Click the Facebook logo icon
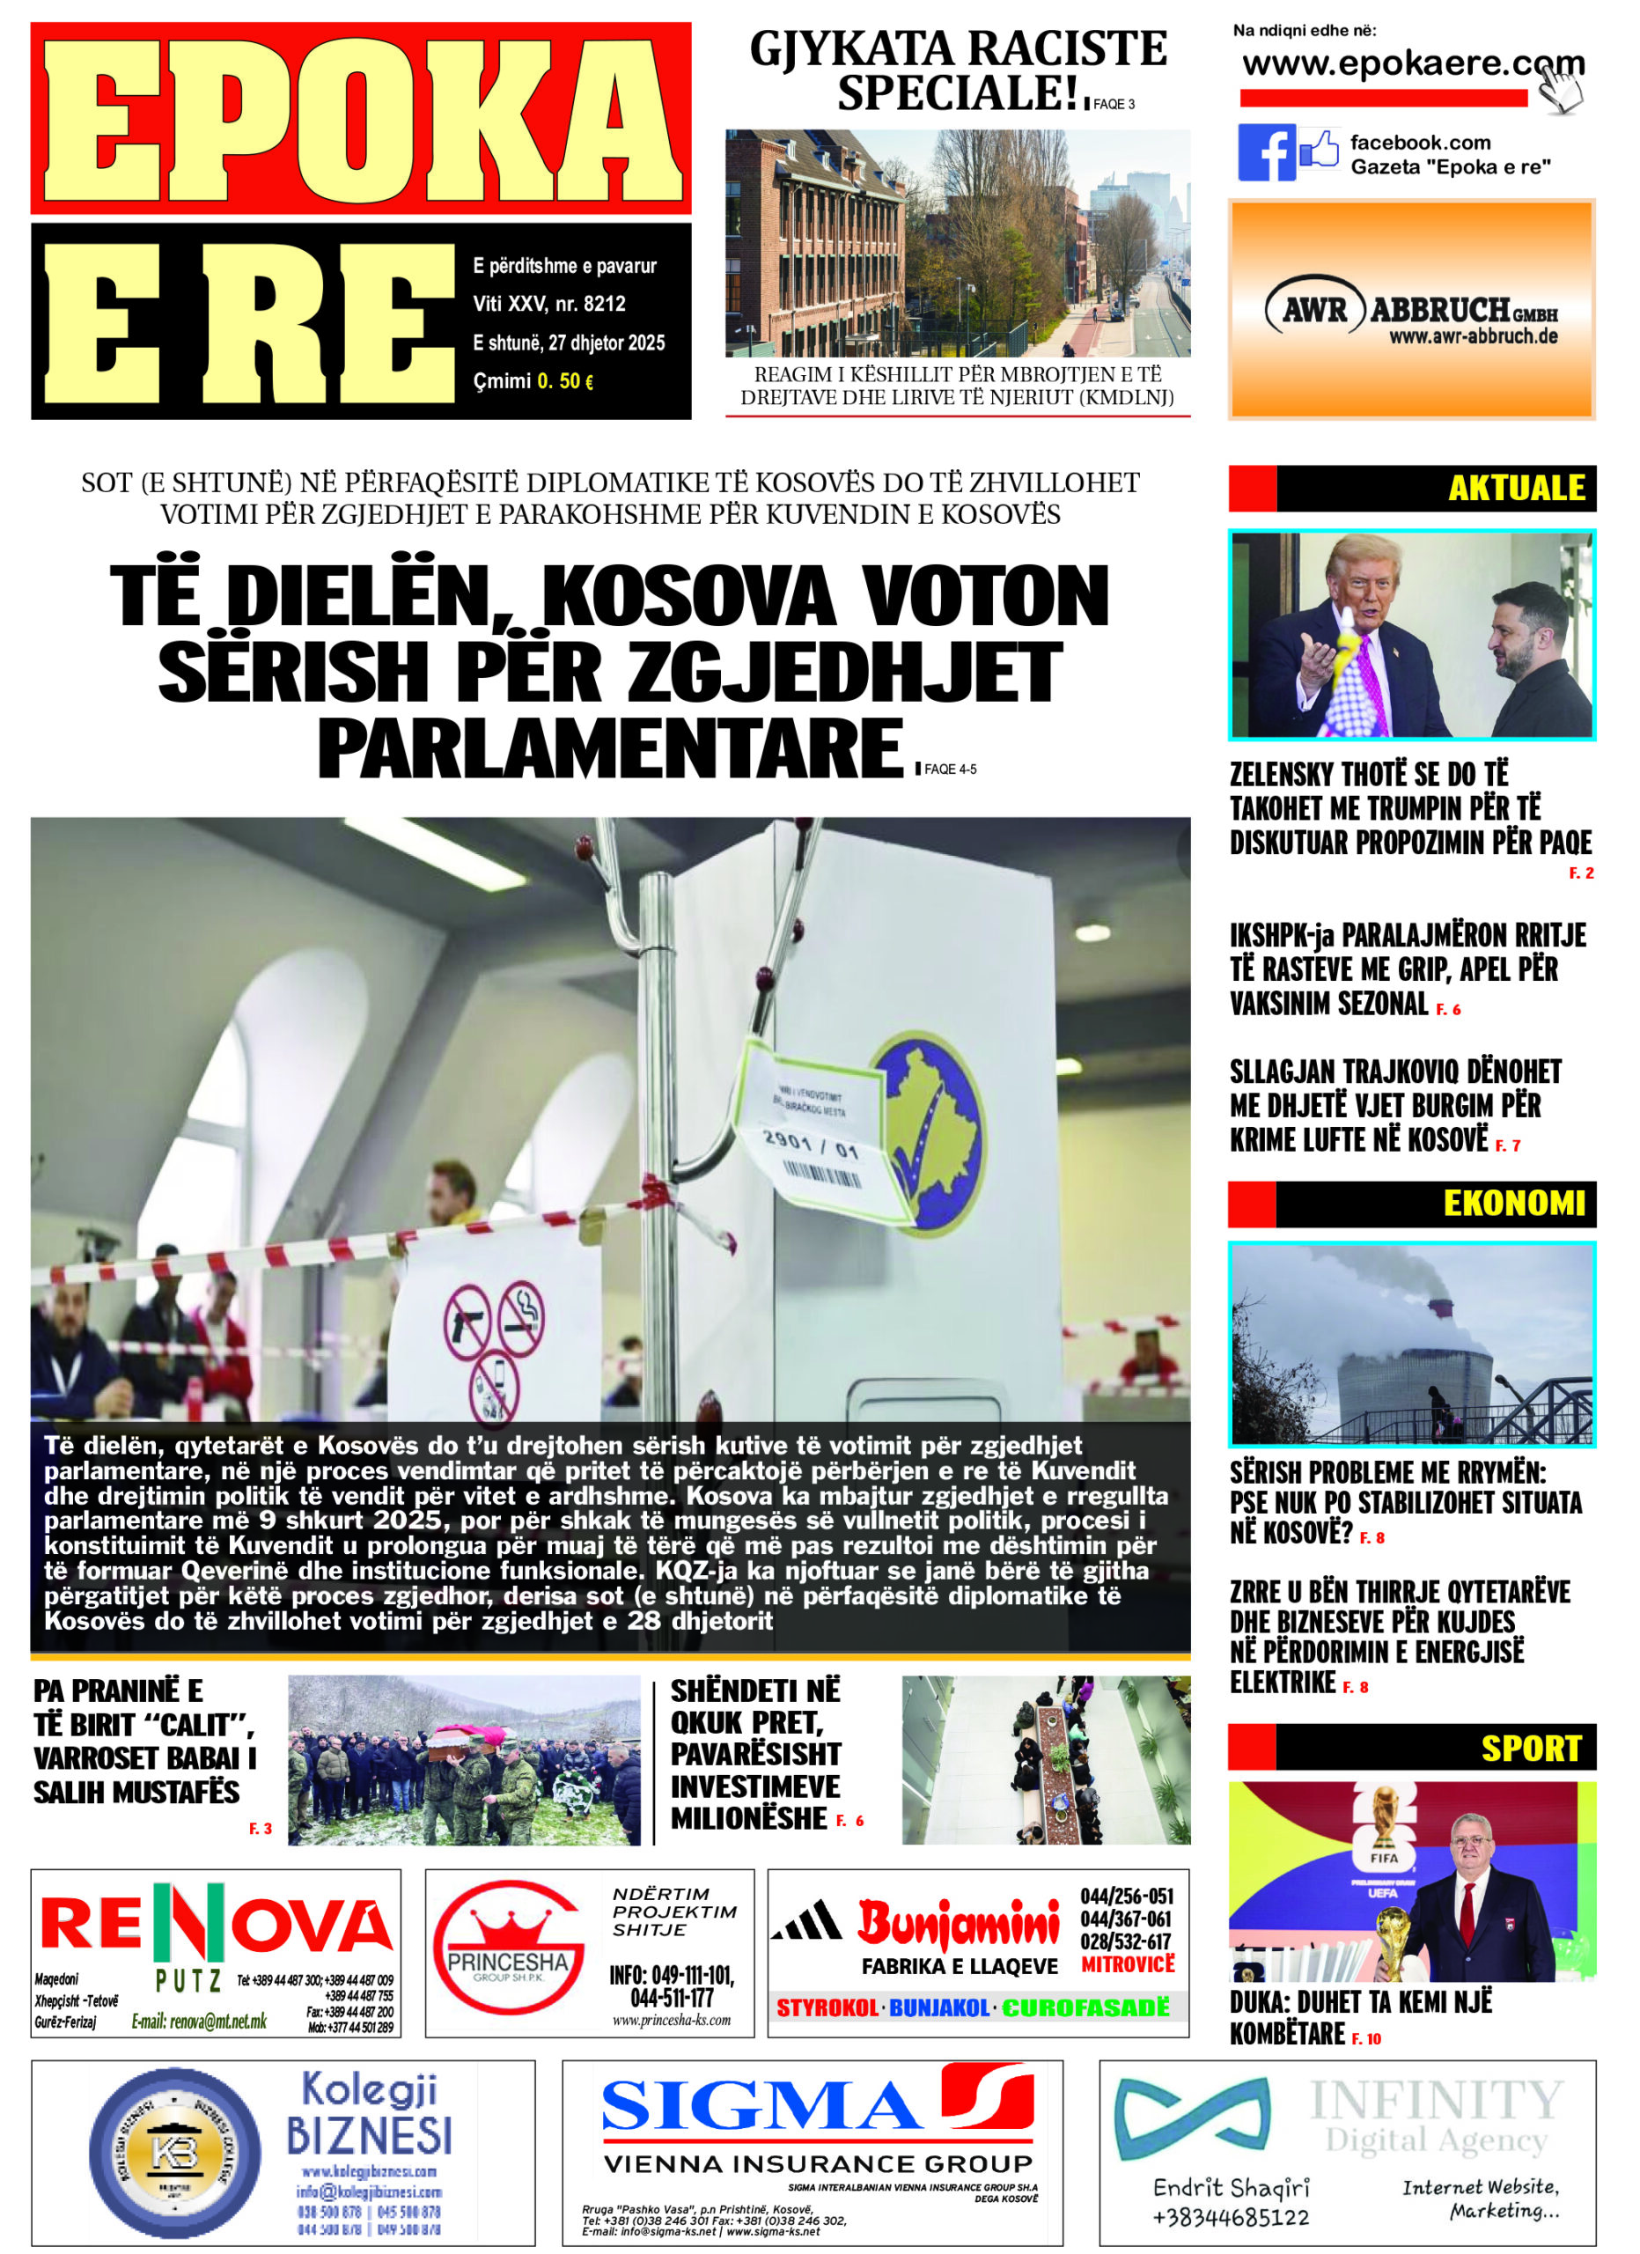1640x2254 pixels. coord(1266,153)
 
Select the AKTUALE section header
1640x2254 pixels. coord(1515,488)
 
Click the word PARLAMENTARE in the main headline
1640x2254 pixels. coord(609,750)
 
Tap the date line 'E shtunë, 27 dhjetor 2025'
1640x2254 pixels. coord(568,343)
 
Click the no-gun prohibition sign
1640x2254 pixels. coord(467,1321)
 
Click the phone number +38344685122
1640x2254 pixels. coord(1231,2217)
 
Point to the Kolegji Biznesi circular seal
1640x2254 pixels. coord(175,2154)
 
